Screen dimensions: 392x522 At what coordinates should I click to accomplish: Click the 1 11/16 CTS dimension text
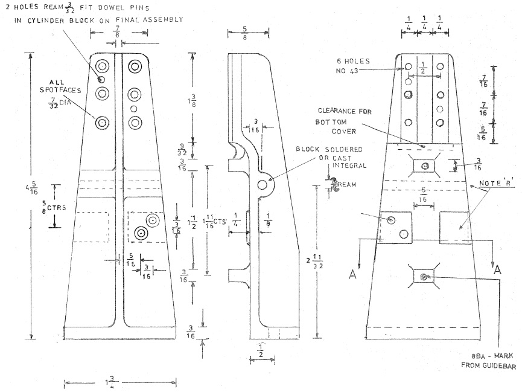[x=212, y=220]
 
